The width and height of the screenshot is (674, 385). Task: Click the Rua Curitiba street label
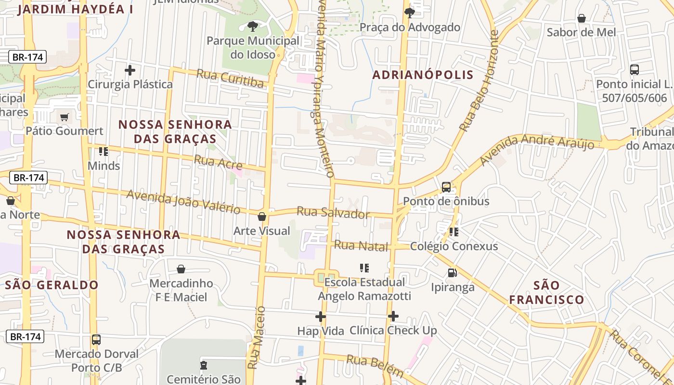[x=230, y=78]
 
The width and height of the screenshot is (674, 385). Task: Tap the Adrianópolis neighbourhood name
[x=423, y=75]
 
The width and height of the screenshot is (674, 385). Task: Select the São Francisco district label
[x=546, y=293]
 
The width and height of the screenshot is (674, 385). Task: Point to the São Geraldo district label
[x=52, y=285]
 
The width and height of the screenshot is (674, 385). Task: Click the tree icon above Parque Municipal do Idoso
[x=252, y=26]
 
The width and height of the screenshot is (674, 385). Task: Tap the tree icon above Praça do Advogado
[x=410, y=13]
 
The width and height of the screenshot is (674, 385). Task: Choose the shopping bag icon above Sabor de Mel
[x=582, y=18]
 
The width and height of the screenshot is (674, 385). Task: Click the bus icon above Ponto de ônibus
[x=446, y=187]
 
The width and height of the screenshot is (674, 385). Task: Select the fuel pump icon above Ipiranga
[x=452, y=273]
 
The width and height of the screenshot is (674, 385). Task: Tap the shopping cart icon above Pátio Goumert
[x=64, y=116]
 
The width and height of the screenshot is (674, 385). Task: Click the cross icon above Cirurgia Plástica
[x=130, y=70]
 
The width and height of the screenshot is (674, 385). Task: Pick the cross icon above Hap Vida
[x=321, y=317]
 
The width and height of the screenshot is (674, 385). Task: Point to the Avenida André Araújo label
[x=537, y=149]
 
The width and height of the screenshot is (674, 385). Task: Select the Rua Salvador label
[x=333, y=213]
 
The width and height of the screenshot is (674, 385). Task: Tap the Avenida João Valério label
[x=183, y=202]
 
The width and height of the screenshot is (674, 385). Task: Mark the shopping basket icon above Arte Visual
[x=262, y=217]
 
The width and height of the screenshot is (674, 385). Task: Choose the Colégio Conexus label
[x=454, y=246]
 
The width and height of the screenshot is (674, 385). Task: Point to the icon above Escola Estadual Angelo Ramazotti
[x=364, y=268]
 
